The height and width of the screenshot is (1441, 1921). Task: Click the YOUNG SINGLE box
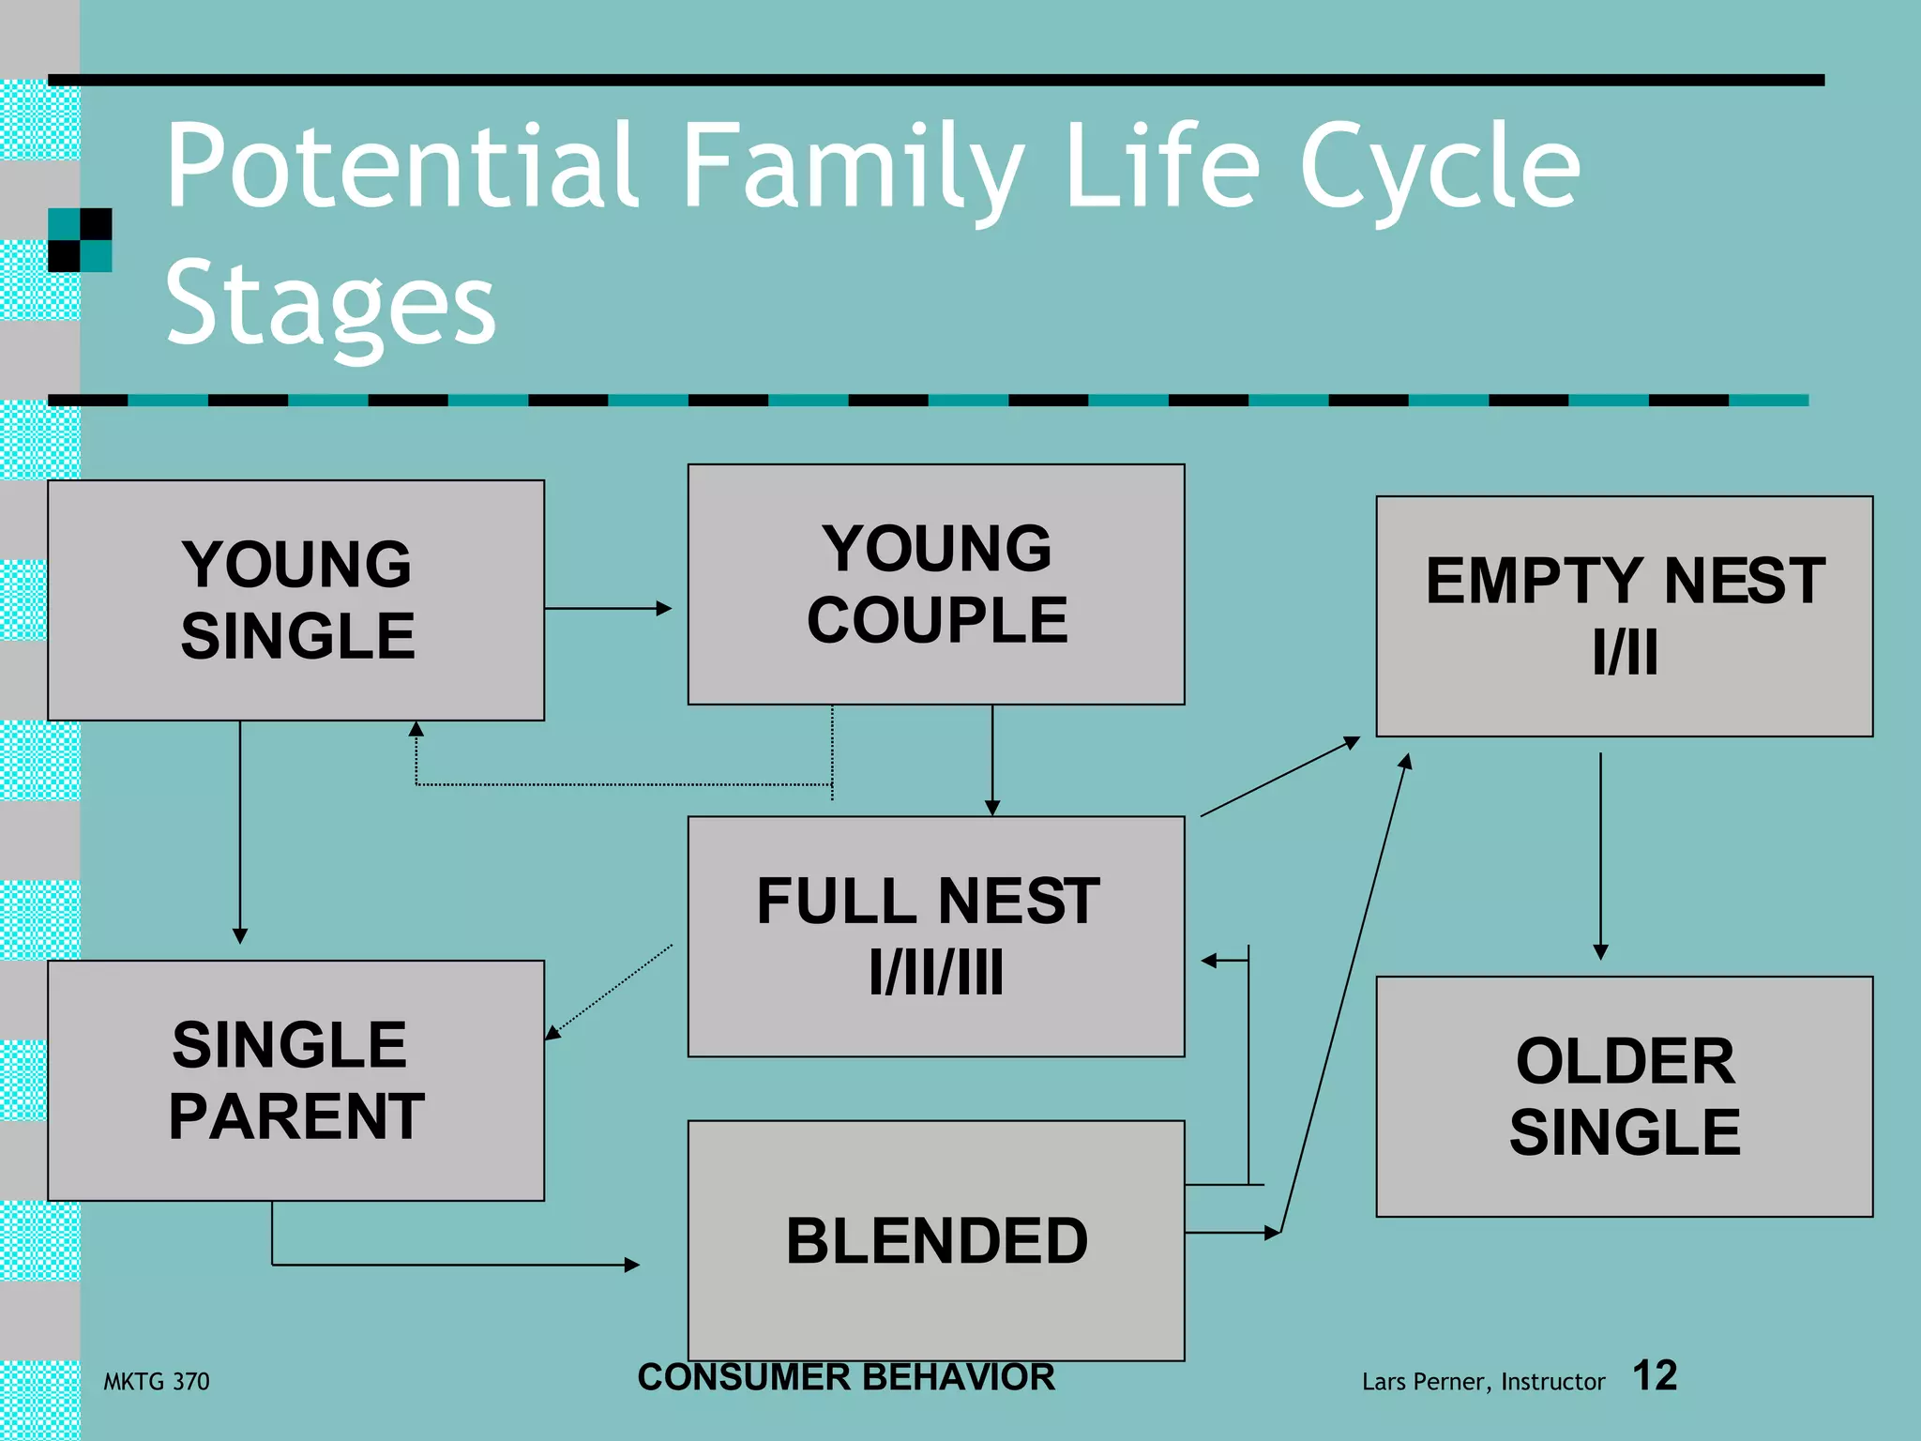tap(295, 600)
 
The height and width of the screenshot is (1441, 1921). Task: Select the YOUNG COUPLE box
tap(935, 584)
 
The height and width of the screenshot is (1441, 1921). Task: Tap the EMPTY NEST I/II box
tap(1624, 615)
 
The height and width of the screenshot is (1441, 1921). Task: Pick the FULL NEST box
tap(935, 936)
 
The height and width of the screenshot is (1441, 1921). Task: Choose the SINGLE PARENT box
tap(295, 1080)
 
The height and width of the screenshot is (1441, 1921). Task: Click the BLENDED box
tap(935, 1239)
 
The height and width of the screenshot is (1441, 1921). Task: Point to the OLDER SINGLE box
tap(1624, 1096)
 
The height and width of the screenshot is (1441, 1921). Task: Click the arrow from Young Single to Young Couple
tap(608, 608)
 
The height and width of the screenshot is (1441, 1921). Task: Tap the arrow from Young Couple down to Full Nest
tap(992, 760)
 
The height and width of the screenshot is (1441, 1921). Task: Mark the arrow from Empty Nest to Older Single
tap(1600, 854)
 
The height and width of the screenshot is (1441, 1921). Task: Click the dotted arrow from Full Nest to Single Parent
tap(610, 992)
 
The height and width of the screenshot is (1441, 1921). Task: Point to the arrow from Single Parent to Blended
tap(450, 1265)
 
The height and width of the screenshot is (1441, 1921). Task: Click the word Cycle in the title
tap(1440, 169)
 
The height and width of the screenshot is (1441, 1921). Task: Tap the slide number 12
tap(1655, 1375)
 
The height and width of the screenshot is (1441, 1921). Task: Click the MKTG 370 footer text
tap(157, 1381)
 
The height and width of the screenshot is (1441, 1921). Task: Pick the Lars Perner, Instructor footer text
tap(1483, 1381)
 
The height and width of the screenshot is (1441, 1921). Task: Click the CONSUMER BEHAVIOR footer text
tap(846, 1377)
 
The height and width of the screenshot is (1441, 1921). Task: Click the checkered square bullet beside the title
tap(80, 240)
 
